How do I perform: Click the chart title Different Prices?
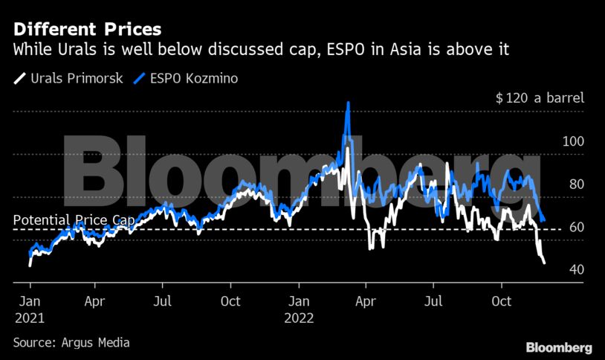pos(86,30)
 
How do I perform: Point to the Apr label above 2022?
pos(364,302)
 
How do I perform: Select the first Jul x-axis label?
pos(163,302)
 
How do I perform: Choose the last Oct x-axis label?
pos(502,302)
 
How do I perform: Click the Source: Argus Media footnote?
pos(71,343)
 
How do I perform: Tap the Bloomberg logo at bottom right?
pos(558,347)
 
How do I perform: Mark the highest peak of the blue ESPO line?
pos(347,103)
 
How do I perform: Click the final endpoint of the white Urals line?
pos(544,263)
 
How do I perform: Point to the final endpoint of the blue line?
pos(545,221)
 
